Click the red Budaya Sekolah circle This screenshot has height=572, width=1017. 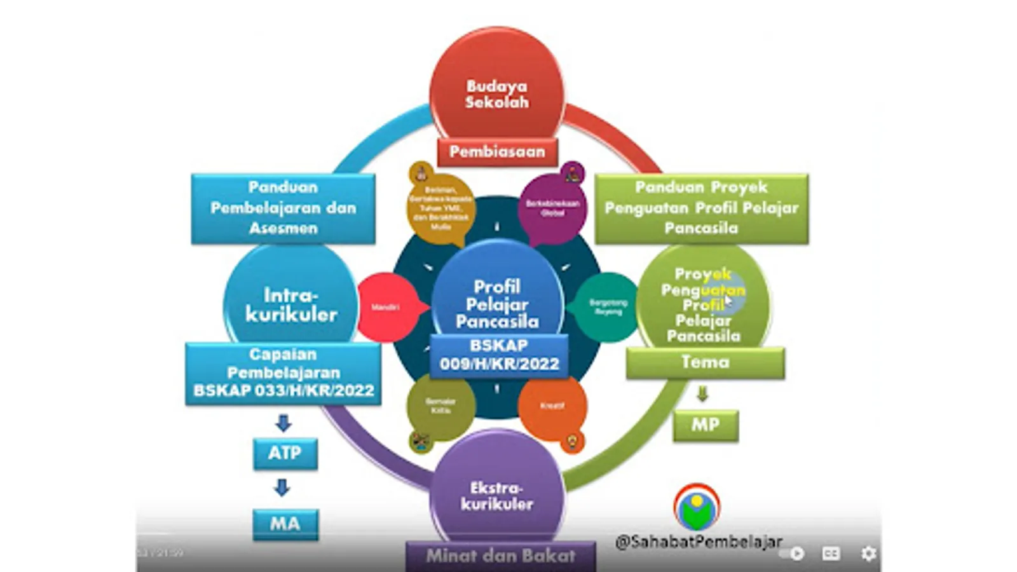(x=496, y=89)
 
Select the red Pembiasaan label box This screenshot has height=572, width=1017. (x=497, y=152)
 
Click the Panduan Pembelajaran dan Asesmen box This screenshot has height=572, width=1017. (x=283, y=208)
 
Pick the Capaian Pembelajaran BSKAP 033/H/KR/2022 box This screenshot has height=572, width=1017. (x=283, y=373)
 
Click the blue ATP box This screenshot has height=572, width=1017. (x=285, y=453)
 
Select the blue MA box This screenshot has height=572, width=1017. (x=285, y=524)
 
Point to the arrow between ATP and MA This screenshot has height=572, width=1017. (x=282, y=488)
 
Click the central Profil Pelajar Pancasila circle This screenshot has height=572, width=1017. (x=497, y=299)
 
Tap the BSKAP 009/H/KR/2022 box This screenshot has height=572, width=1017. (x=499, y=355)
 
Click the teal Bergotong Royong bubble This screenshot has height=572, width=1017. (x=607, y=308)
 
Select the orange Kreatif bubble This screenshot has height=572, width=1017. (x=552, y=407)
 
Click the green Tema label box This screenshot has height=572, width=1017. (x=705, y=363)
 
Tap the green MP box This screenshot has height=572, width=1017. (x=706, y=425)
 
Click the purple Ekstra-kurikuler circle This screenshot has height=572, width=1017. (x=497, y=493)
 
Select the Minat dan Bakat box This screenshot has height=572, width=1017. (x=500, y=556)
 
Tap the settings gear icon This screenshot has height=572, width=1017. (x=868, y=554)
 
